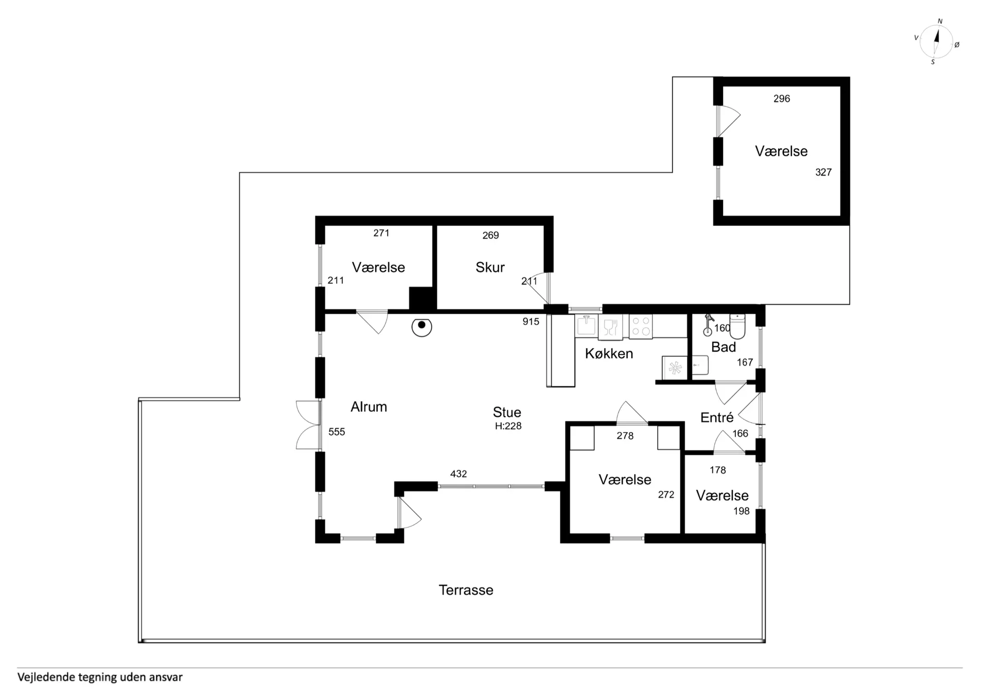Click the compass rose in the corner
tap(936, 42)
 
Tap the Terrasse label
tap(466, 590)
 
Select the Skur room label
tap(490, 267)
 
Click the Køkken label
tap(609, 353)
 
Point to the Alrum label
tap(368, 407)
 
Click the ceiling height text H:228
tap(508, 426)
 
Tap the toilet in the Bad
tap(737, 326)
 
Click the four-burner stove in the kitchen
tap(641, 327)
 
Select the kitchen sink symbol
tap(586, 326)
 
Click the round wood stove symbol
tap(421, 326)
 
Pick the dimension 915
tap(531, 321)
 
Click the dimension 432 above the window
tap(458, 474)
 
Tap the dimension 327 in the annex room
tap(823, 172)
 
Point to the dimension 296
tap(782, 99)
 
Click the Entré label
tap(717, 417)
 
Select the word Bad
tap(724, 347)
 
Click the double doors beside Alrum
tap(308, 425)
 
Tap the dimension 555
tap(337, 432)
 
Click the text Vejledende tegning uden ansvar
tap(100, 677)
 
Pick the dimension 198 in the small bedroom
tap(742, 511)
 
